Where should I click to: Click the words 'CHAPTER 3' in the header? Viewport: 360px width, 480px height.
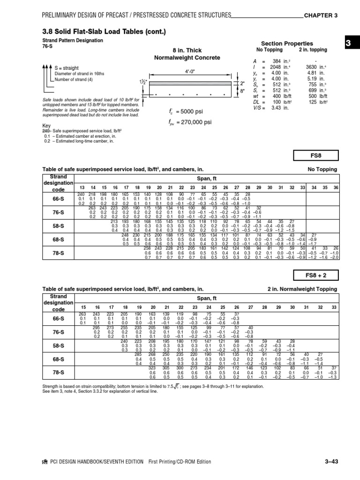tap(321, 15)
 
